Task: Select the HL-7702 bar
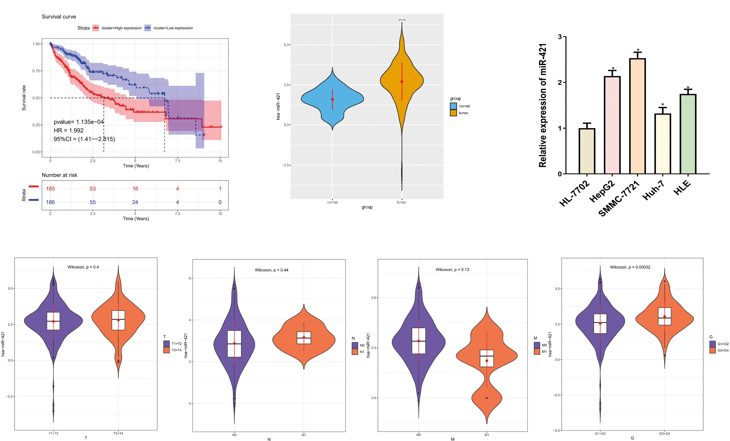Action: coord(587,151)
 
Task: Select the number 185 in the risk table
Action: coord(50,188)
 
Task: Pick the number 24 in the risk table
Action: coord(135,202)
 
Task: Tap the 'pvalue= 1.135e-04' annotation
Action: coord(78,122)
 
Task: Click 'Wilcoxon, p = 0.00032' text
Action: coord(630,267)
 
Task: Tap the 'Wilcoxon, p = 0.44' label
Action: coord(271,270)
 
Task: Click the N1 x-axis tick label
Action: coord(304,435)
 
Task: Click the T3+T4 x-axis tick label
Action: coord(118,433)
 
